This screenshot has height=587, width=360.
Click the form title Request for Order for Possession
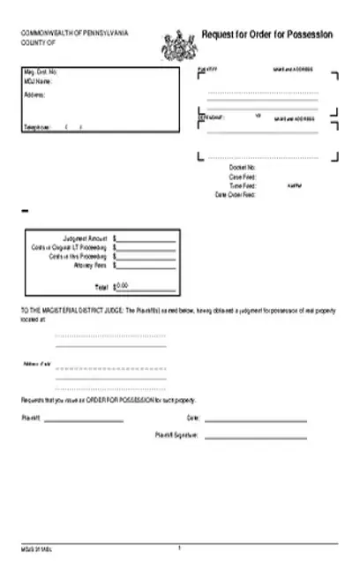(267, 34)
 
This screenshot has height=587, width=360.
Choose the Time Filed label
(242, 185)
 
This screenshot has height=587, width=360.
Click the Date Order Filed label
(236, 194)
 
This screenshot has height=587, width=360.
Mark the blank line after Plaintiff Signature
(256, 436)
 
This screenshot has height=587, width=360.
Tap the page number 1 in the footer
(179, 548)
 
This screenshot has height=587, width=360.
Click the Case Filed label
(242, 177)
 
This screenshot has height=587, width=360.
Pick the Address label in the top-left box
(34, 94)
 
